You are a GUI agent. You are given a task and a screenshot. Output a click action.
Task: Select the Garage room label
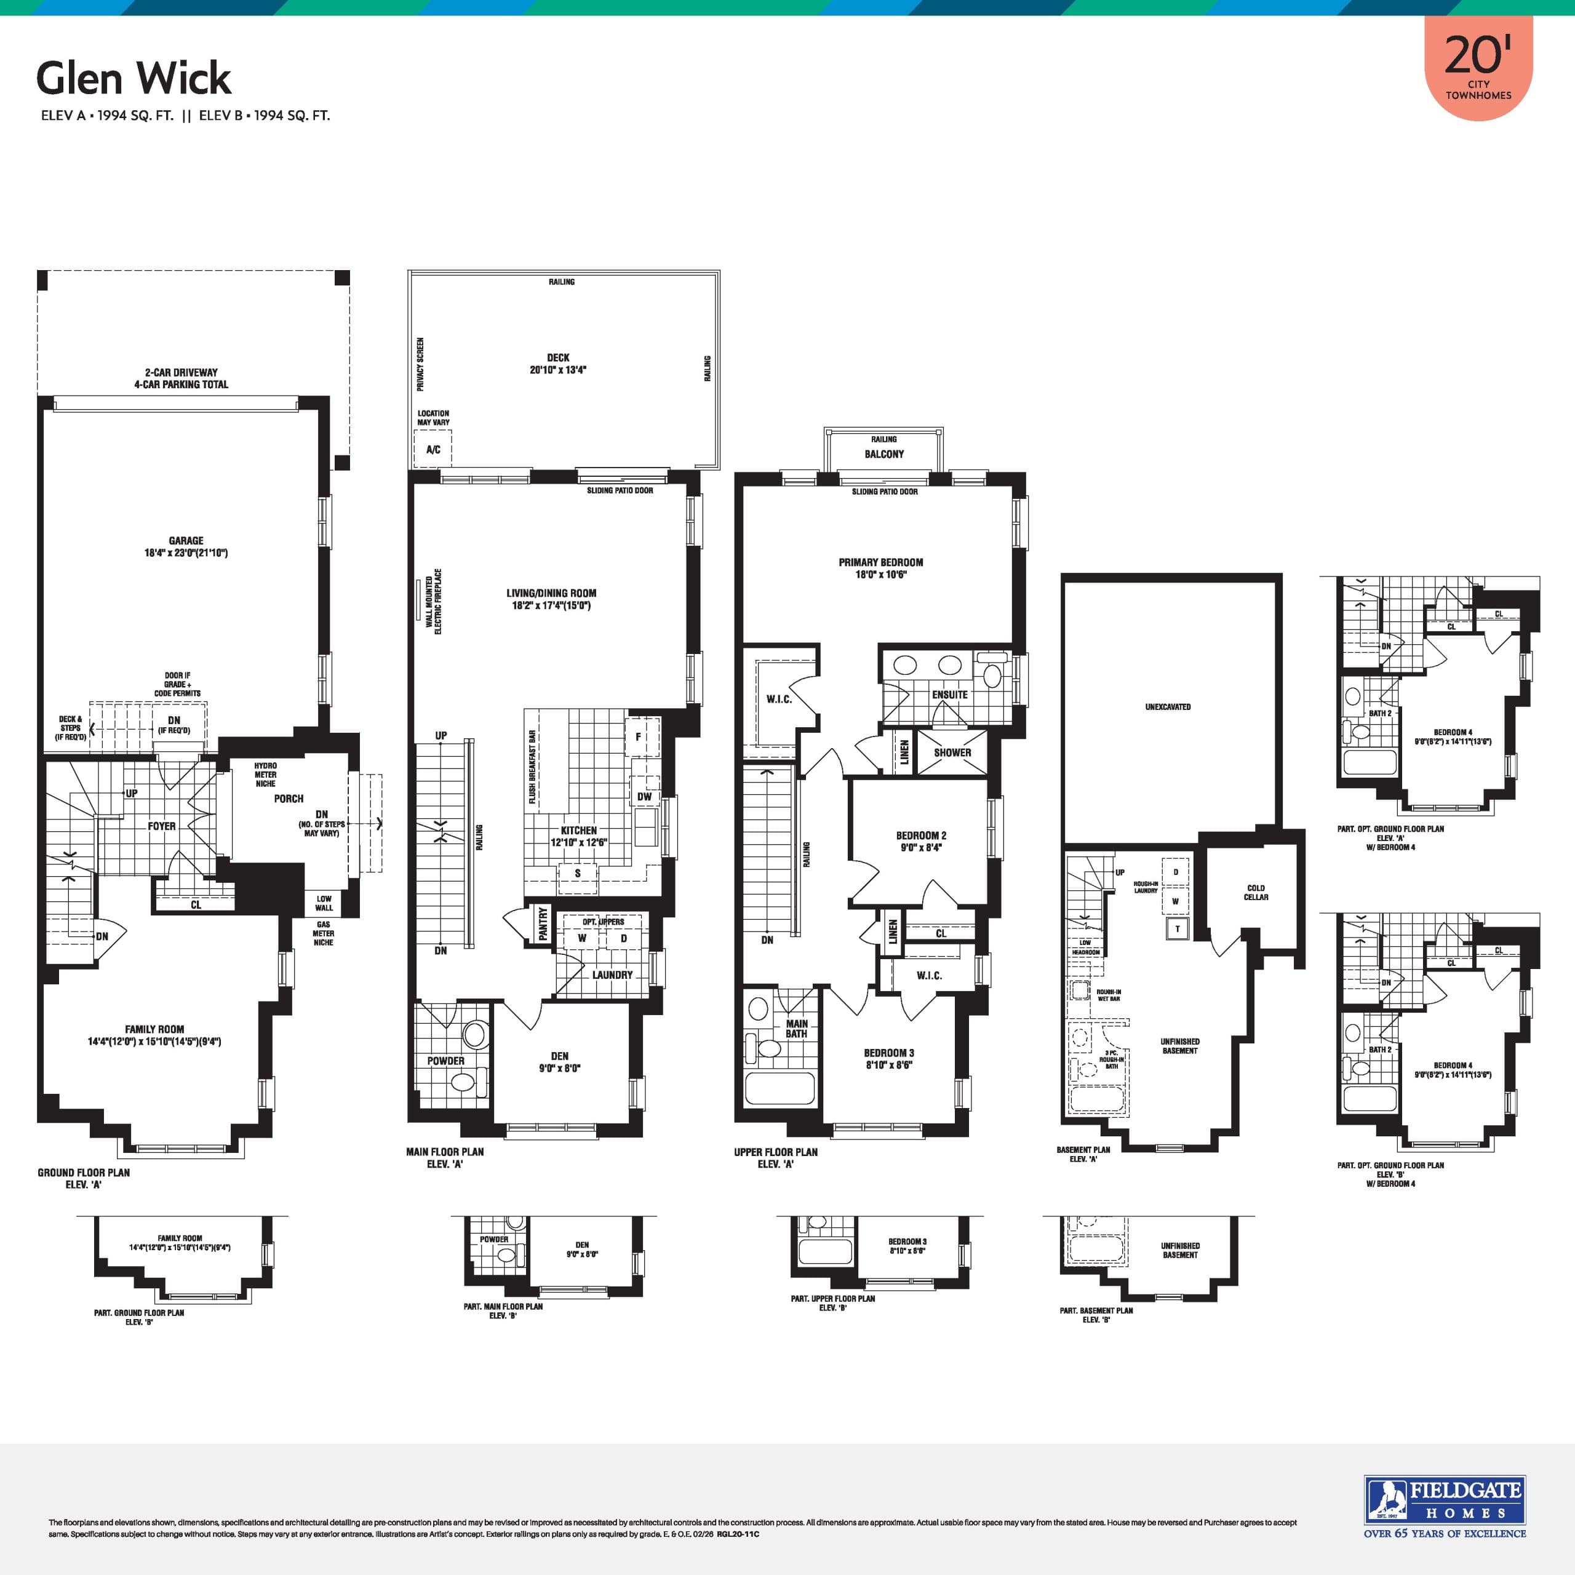tap(186, 546)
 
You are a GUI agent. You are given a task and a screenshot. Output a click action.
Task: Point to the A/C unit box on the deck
tap(433, 449)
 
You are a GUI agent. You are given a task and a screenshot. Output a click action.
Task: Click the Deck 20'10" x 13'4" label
tap(559, 364)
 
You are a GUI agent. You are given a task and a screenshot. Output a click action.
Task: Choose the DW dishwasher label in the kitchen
tap(644, 797)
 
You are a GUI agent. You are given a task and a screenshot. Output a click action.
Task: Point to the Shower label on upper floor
tap(952, 752)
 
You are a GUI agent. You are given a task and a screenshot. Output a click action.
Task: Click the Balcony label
tap(883, 454)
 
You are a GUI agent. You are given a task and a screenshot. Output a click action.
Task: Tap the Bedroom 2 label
tap(921, 841)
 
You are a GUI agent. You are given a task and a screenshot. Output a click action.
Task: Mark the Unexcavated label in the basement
tap(1167, 707)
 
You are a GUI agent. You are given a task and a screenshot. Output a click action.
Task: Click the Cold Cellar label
tap(1256, 893)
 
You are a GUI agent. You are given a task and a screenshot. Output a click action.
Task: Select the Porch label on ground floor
tap(289, 799)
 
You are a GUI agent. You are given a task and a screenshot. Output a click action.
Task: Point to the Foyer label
tap(161, 826)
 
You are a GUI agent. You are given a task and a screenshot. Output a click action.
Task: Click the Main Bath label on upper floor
tap(797, 1029)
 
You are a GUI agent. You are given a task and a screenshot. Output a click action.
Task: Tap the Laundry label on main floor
tap(612, 975)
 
